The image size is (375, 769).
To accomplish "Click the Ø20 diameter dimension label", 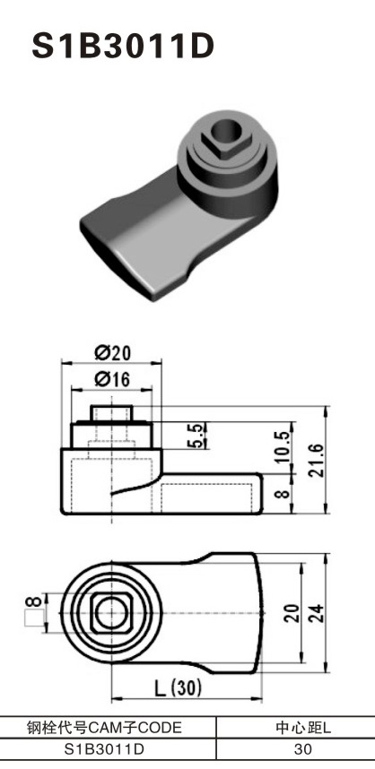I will [112, 352].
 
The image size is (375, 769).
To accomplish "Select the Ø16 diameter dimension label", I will [112, 380].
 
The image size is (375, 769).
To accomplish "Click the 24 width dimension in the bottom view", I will [317, 613].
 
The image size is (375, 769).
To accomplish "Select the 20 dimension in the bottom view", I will [290, 613].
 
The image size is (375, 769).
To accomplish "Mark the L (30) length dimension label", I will [176, 689].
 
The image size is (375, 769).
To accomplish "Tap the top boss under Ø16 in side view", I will [112, 413].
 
